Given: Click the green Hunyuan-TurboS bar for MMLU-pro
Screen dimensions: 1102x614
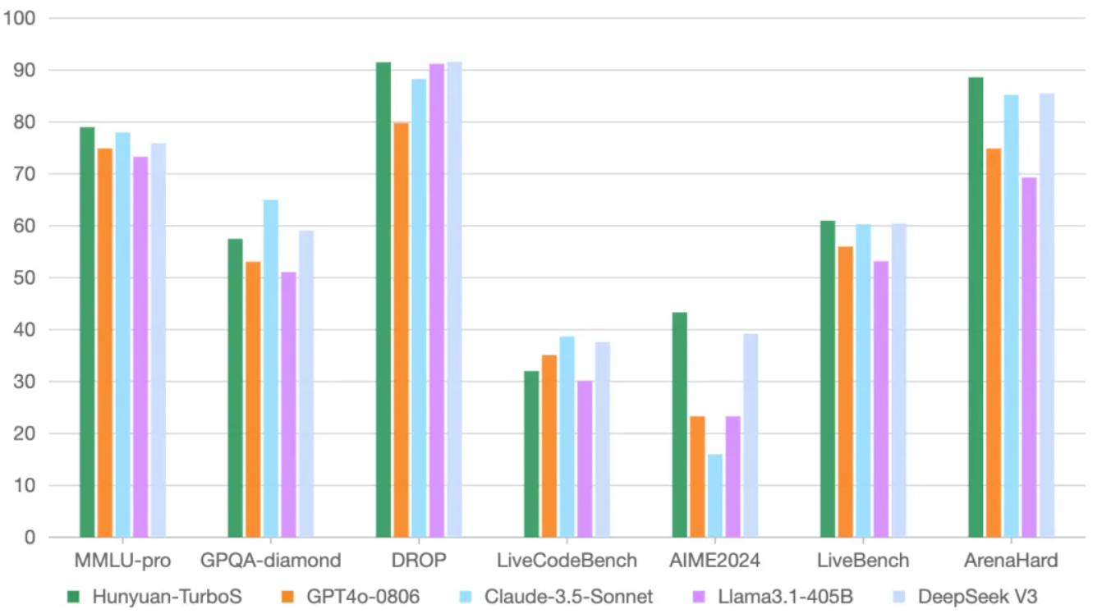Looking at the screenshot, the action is point(87,332).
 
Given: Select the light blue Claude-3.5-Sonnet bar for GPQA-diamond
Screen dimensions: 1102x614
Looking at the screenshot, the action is point(271,369).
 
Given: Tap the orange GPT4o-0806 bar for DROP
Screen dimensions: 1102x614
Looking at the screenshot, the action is point(401,329).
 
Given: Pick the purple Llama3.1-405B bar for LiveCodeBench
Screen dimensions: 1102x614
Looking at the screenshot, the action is point(585,459).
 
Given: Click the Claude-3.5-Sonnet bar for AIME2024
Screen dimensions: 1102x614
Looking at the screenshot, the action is point(715,496).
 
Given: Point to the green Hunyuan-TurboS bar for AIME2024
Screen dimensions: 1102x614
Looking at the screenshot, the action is point(679,424).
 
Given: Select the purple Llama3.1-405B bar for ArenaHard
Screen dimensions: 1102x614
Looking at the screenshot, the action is point(1029,357).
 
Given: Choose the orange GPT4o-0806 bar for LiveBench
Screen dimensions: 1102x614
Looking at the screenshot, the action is point(846,392).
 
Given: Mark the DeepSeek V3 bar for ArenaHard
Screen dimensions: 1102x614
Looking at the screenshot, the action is point(1047,315).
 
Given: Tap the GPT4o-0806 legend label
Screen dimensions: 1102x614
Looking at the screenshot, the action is point(363,597).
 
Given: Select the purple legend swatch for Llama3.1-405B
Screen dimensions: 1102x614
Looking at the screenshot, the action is point(699,597).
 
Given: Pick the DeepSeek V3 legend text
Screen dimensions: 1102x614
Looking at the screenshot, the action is point(977,597).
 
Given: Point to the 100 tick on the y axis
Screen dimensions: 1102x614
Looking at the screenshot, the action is point(19,18).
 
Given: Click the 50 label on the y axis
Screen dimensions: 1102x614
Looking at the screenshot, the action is point(25,277).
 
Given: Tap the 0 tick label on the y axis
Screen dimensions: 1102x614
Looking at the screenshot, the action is point(30,538).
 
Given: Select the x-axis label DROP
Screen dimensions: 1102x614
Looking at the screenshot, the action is point(419,560).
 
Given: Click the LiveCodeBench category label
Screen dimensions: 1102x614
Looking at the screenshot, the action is point(567,560).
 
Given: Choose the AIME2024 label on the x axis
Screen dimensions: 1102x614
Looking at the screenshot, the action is point(715,560).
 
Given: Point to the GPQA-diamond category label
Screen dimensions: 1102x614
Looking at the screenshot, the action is point(271,560).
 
